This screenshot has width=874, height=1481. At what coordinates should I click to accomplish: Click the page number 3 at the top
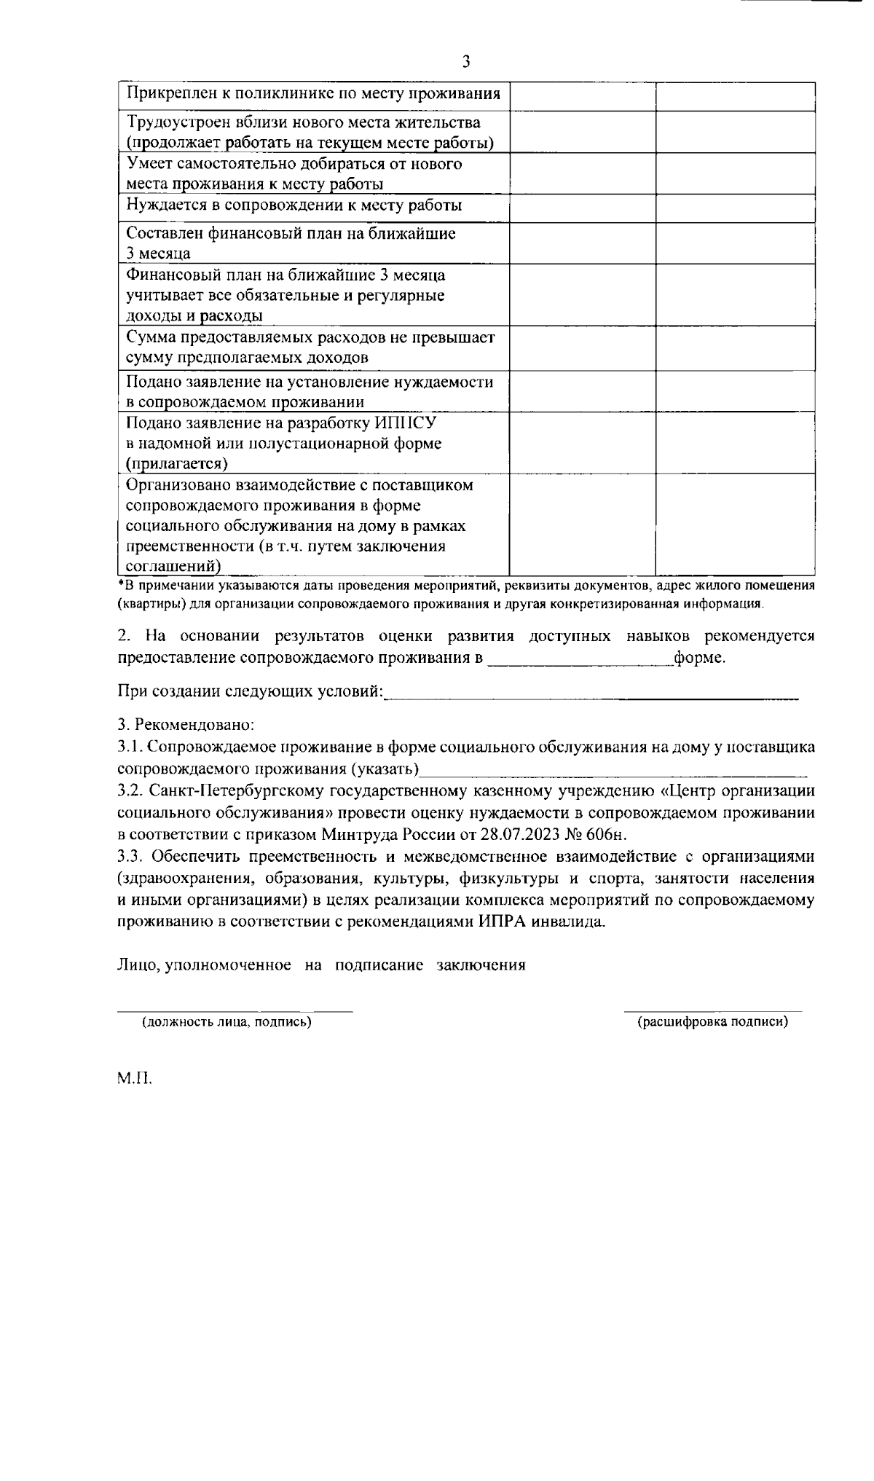tap(466, 62)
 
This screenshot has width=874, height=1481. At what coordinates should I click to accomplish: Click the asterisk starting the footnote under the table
tap(121, 585)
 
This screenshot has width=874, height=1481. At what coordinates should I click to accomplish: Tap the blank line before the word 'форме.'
tap(579, 659)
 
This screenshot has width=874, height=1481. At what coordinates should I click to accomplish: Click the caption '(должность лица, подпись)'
tap(227, 1022)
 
